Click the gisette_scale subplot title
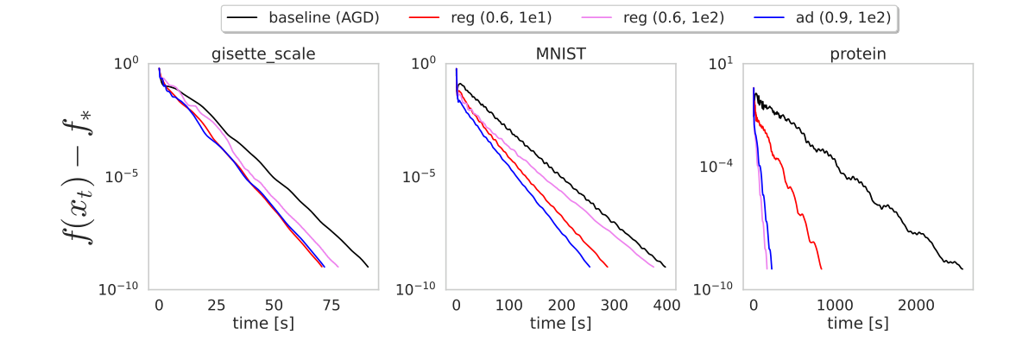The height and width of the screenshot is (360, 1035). tap(263, 54)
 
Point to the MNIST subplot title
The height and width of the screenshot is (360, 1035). tap(560, 54)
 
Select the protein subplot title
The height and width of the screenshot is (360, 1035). tap(857, 54)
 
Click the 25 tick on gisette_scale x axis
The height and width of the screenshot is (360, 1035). tap(217, 306)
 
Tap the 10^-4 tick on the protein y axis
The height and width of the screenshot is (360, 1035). tap(718, 165)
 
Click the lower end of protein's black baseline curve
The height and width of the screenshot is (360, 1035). tap(962, 268)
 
